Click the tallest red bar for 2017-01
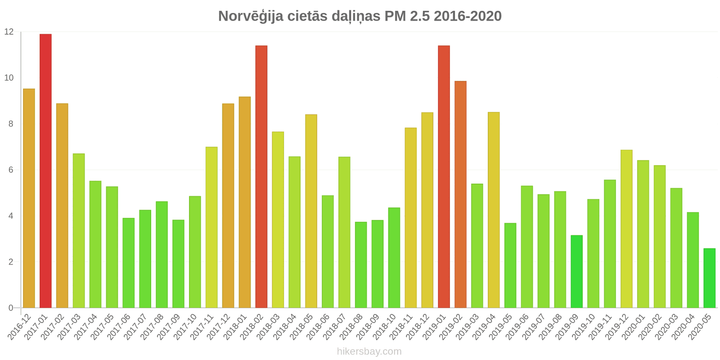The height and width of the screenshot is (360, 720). pyautogui.click(x=45, y=171)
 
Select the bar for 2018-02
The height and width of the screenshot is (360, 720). pyautogui.click(x=261, y=176)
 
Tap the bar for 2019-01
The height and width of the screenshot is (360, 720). pyautogui.click(x=444, y=176)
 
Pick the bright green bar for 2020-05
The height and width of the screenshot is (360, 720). pyautogui.click(x=709, y=278)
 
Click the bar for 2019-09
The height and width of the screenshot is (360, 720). pyautogui.click(x=576, y=271)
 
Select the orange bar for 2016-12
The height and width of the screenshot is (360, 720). pyautogui.click(x=29, y=198)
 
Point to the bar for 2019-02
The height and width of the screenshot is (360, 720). pyautogui.click(x=460, y=194)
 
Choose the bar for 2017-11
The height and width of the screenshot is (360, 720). pyautogui.click(x=211, y=227)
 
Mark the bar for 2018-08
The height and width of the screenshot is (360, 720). pyautogui.click(x=361, y=265)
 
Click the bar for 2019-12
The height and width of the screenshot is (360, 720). pyautogui.click(x=626, y=229)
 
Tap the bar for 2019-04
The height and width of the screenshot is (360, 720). pyautogui.click(x=494, y=210)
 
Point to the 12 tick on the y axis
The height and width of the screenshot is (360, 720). pyautogui.click(x=9, y=32)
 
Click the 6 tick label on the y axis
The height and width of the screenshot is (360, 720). pyautogui.click(x=11, y=170)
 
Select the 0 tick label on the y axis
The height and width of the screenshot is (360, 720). pyautogui.click(x=11, y=308)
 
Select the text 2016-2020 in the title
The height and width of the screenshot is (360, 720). pyautogui.click(x=468, y=16)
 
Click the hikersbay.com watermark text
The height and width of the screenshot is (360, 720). pyautogui.click(x=369, y=351)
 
